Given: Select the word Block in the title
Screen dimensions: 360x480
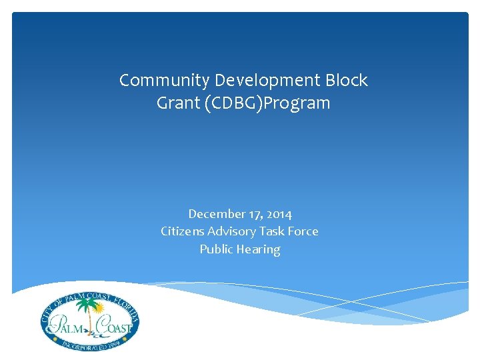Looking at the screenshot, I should [345, 81].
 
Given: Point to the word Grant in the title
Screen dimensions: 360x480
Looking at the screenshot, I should [176, 103].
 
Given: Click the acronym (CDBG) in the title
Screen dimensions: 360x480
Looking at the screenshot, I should [230, 103].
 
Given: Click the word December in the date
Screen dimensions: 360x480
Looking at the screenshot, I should [212, 214].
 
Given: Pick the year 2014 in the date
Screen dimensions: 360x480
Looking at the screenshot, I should [277, 214].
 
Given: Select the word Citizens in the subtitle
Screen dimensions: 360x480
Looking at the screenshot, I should [181, 231].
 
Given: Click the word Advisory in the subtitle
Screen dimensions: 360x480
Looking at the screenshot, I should [231, 231].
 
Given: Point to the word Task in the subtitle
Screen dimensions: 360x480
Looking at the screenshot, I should [272, 231].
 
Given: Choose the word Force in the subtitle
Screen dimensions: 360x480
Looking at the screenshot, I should [304, 231].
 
